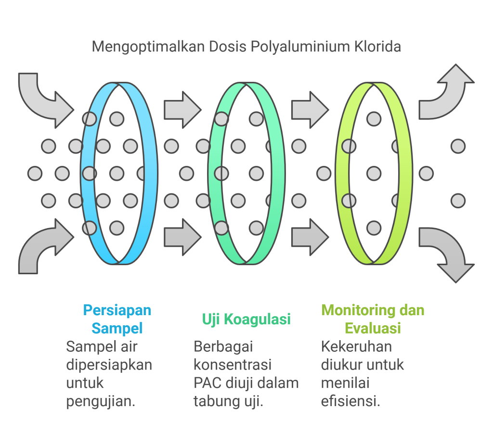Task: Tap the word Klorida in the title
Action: [377, 47]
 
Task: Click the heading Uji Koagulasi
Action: [246, 319]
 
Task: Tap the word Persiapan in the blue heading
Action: [117, 310]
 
